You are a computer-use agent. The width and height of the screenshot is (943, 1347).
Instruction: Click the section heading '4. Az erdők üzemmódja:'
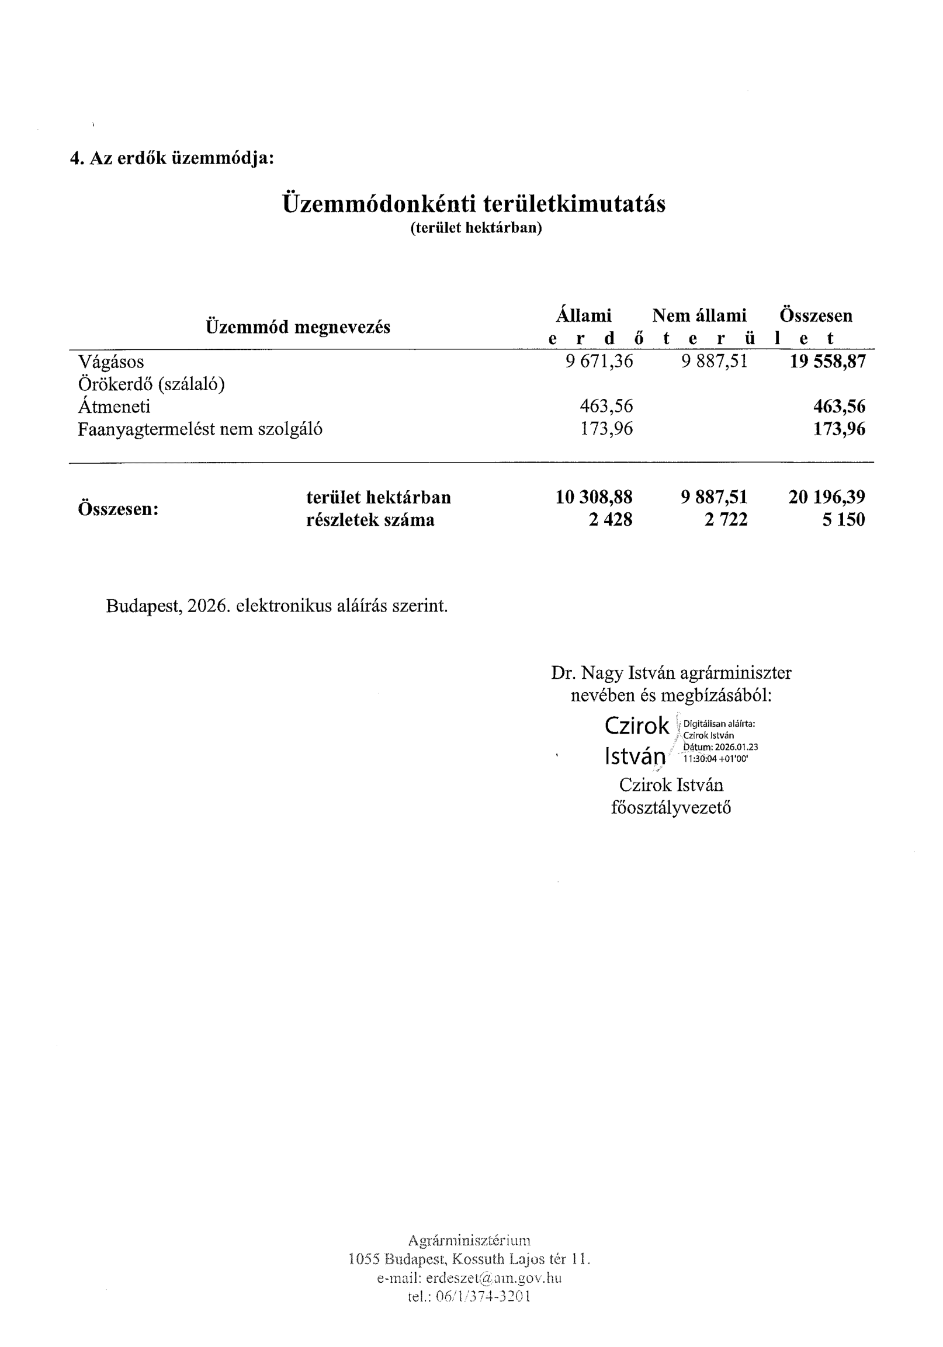point(172,158)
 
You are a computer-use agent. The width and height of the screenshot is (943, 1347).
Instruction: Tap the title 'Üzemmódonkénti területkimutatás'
point(474,204)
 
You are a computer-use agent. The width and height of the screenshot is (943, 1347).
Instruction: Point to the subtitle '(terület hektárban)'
point(476,228)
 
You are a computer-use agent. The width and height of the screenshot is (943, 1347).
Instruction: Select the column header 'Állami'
point(583,315)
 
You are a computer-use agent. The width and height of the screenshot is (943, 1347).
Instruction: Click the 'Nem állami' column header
point(699,315)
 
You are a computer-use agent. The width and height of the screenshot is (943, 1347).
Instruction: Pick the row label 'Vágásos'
point(111,362)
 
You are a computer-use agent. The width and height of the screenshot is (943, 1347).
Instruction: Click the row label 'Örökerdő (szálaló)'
point(151,384)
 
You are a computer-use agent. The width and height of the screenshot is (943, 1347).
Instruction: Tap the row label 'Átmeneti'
point(115,407)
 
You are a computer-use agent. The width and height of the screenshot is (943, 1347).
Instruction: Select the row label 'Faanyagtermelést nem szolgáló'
point(200,429)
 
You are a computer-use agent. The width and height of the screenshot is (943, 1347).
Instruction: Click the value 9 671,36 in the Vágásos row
point(599,362)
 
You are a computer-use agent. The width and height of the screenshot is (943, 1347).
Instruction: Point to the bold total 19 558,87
point(827,362)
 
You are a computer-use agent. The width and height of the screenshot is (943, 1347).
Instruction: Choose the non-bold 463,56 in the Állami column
point(606,407)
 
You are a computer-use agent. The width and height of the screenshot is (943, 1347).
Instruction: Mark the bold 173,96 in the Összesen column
point(839,429)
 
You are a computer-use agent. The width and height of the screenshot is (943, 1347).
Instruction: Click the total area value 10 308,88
point(594,498)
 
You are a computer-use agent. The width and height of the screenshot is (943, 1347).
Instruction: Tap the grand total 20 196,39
point(827,498)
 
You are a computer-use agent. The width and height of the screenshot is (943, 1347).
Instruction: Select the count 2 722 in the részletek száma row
point(726,520)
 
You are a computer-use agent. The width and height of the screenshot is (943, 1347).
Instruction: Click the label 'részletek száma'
point(370,520)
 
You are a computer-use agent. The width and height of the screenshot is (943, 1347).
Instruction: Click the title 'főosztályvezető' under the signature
point(671,808)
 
